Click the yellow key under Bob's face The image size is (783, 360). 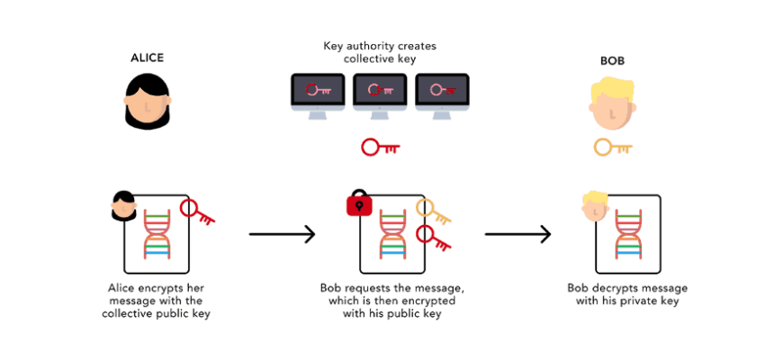612,147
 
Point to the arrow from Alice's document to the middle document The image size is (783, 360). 282,235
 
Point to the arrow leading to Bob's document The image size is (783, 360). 517,235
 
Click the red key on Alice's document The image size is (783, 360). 197,213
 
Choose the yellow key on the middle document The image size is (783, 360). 433,211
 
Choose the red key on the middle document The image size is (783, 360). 433,238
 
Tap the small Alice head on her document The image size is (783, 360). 123,207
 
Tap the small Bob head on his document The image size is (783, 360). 594,206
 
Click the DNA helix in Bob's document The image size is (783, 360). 627,236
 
